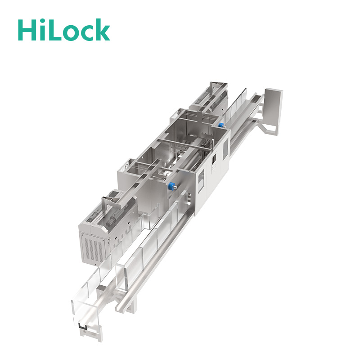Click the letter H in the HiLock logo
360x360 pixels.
tap(27, 30)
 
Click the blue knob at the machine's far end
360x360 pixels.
tap(221, 125)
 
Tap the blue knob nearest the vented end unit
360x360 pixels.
tap(171, 185)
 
